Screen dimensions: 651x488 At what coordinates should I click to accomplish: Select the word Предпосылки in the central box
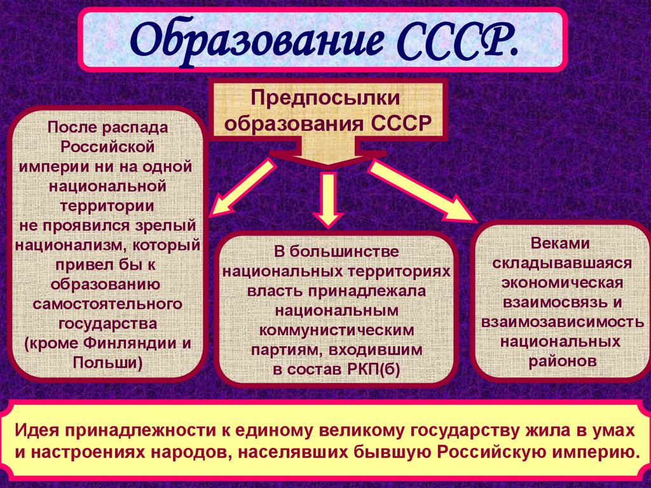click(325, 99)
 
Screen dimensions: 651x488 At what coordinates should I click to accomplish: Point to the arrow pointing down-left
click(242, 188)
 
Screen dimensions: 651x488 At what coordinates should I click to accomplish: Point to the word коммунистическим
click(336, 331)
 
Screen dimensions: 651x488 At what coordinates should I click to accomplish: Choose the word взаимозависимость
click(561, 322)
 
